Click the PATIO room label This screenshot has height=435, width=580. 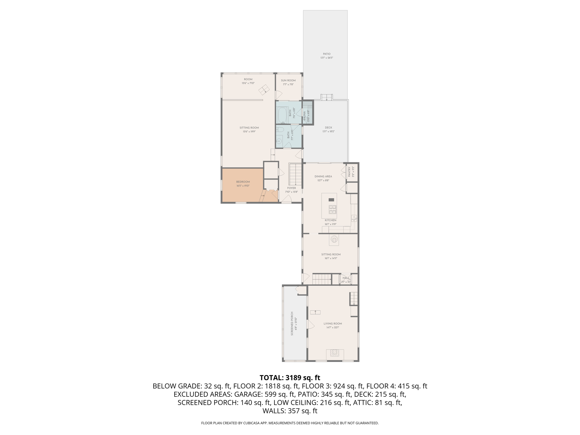coord(327,54)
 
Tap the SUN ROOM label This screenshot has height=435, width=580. coord(288,80)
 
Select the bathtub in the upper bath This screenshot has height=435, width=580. coord(282,115)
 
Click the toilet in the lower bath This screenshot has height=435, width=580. coord(280,130)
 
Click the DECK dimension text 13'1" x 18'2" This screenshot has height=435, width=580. coord(328,131)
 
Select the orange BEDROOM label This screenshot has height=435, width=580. coord(243,182)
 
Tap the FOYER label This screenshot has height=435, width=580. coord(291,188)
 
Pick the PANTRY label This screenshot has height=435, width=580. coord(349,172)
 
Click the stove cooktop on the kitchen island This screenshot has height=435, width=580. coord(332,209)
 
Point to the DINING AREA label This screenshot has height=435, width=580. coord(323,176)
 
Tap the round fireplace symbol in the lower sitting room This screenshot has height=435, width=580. coord(334,240)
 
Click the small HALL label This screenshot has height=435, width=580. coord(346,278)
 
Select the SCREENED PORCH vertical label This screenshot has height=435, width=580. coord(292,324)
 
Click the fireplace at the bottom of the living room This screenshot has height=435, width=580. coord(335,353)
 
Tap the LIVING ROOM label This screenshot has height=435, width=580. coord(333,323)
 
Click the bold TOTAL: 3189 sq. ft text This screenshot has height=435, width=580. coord(290,378)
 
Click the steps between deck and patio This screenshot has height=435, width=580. coord(327,97)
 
